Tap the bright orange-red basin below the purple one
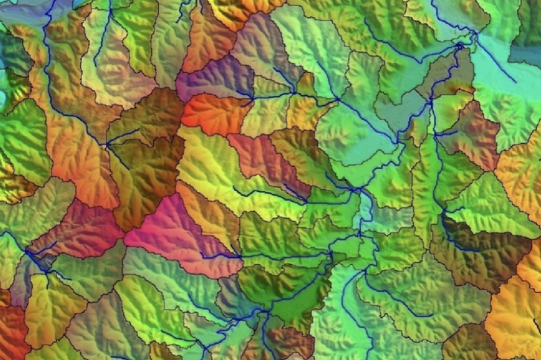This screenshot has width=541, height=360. [x=214, y=113]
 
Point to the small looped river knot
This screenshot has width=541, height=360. [x=460, y=47]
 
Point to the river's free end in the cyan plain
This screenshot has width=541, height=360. [x=515, y=82]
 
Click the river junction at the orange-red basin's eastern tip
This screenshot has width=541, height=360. [x=251, y=98]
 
